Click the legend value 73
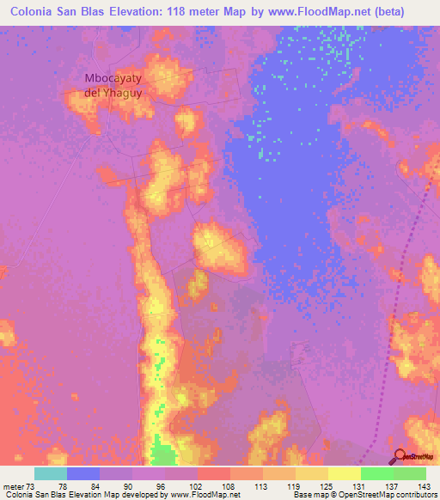tap(32, 485)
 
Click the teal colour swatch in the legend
tap(50, 473)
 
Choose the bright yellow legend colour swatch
tap(345, 473)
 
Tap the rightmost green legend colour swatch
tap(410, 473)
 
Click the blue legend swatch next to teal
tap(82, 473)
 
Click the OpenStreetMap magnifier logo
tap(401, 457)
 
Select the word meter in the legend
tap(13, 485)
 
